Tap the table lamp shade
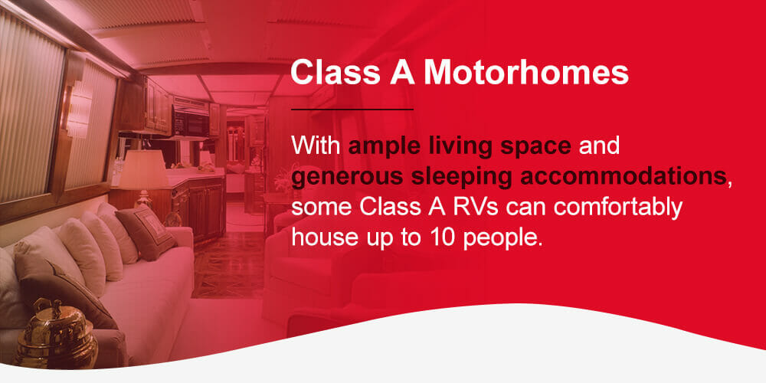(x=144, y=169)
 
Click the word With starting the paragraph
(x=316, y=146)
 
